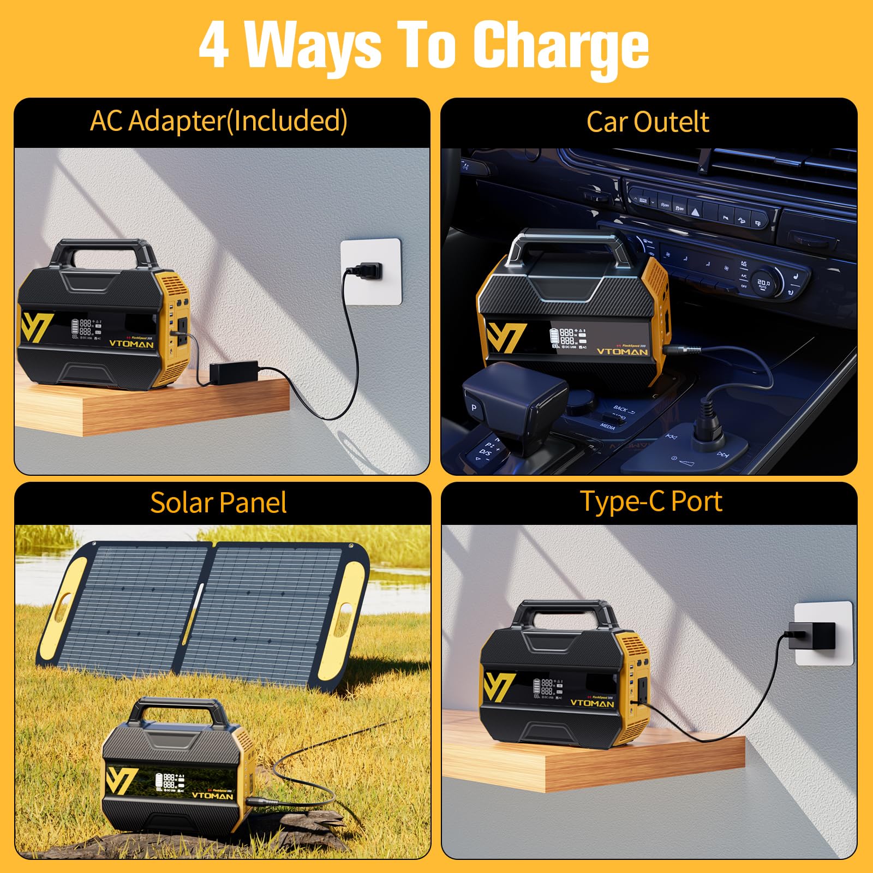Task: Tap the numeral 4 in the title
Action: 214,46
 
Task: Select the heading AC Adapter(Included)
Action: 218,121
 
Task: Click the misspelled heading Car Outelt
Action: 648,122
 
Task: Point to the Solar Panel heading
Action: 218,503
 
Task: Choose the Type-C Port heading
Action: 650,501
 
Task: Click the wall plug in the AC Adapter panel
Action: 366,270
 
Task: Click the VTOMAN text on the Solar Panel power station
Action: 212,796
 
